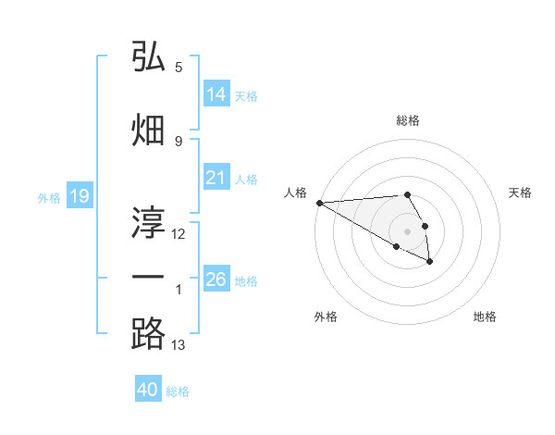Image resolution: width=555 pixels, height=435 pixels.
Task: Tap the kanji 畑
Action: pos(148,130)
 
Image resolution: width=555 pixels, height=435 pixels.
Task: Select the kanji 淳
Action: pos(148,219)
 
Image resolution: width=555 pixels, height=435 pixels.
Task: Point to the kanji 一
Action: pos(148,277)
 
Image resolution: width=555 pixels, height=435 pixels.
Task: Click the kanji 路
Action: pos(148,333)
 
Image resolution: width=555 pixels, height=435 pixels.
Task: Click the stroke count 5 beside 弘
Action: pos(179,68)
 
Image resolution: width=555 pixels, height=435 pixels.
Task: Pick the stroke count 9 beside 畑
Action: pos(179,141)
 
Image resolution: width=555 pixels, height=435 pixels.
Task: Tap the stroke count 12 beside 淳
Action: pos(179,233)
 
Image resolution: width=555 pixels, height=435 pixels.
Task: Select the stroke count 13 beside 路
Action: pos(179,345)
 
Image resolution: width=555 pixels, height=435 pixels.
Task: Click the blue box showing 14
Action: pos(216,94)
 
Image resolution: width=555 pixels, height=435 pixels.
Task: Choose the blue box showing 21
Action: pos(216,179)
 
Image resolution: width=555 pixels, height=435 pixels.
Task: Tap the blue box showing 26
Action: pos(216,280)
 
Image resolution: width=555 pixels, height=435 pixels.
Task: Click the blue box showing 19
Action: pos(80,196)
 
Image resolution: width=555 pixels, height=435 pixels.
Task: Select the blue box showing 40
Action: pos(148,390)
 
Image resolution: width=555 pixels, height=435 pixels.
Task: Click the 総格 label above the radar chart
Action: pos(407,120)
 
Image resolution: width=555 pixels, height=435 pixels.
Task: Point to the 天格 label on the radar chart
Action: pos(521,193)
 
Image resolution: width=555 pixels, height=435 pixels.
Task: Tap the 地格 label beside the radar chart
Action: pos(485,317)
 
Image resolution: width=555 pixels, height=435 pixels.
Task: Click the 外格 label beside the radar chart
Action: pos(326,317)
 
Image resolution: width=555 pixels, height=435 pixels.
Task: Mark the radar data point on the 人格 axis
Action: pos(318,203)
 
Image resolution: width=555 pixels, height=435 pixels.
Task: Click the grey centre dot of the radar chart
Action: pos(407,231)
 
